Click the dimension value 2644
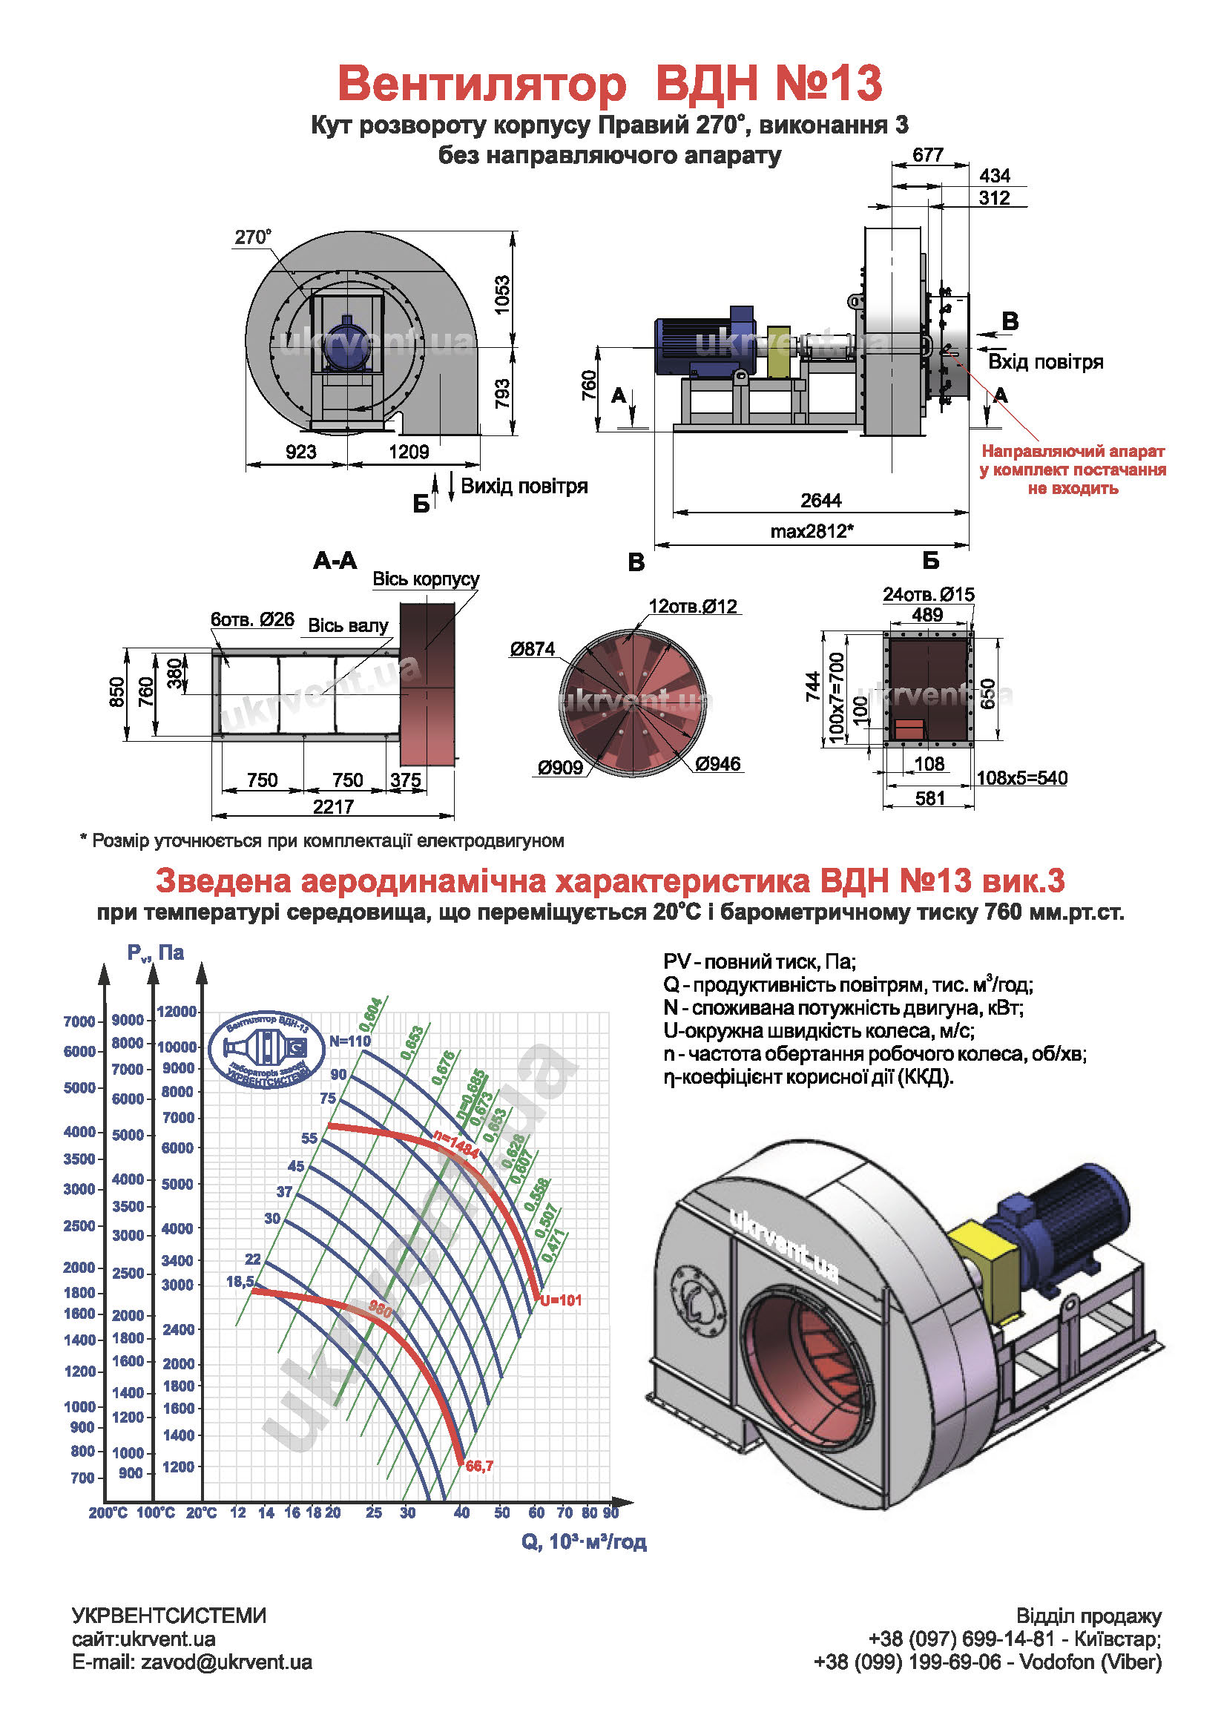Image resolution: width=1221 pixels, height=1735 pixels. (820, 500)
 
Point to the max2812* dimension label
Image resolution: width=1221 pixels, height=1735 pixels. (812, 531)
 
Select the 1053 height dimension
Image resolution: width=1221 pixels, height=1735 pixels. (501, 294)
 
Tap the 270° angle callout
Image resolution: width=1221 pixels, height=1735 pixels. (252, 237)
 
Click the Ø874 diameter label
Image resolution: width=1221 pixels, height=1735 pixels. (533, 648)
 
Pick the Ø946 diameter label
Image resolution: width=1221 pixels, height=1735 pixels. (718, 763)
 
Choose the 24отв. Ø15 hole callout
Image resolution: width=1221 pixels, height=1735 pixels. (929, 594)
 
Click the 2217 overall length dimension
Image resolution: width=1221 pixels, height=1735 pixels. (333, 806)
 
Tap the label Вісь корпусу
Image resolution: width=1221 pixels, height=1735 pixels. (426, 579)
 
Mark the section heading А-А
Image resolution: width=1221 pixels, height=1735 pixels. (335, 560)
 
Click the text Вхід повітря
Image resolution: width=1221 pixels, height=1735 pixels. (1046, 362)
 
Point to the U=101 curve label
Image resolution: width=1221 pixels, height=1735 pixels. (561, 1300)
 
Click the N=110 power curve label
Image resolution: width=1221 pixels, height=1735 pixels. (350, 1041)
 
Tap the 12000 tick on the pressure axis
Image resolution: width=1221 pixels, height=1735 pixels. (177, 1012)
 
